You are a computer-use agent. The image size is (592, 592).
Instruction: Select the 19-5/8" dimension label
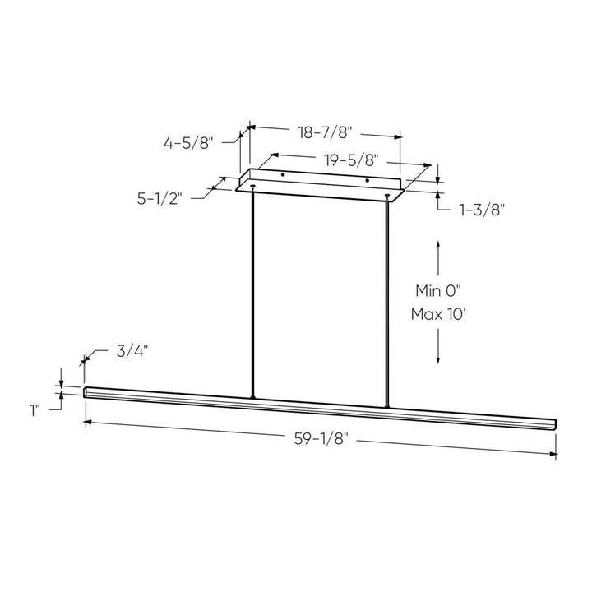(x=345, y=161)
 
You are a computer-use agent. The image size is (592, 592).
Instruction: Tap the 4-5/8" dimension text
(x=188, y=143)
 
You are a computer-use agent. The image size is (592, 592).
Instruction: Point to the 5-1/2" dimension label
(x=160, y=198)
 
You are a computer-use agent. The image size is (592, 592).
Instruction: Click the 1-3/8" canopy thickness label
(x=481, y=210)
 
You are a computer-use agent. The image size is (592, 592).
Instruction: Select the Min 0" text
(x=440, y=290)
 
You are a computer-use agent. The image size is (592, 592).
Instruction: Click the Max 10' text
(x=440, y=314)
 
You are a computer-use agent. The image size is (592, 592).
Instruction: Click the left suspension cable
(x=253, y=296)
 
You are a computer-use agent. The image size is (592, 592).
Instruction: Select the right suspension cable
(x=386, y=300)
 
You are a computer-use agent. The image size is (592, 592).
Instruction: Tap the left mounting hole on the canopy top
(x=283, y=174)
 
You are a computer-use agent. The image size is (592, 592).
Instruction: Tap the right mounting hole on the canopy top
(x=367, y=180)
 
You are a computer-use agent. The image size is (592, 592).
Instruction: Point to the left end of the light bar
(x=86, y=392)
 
